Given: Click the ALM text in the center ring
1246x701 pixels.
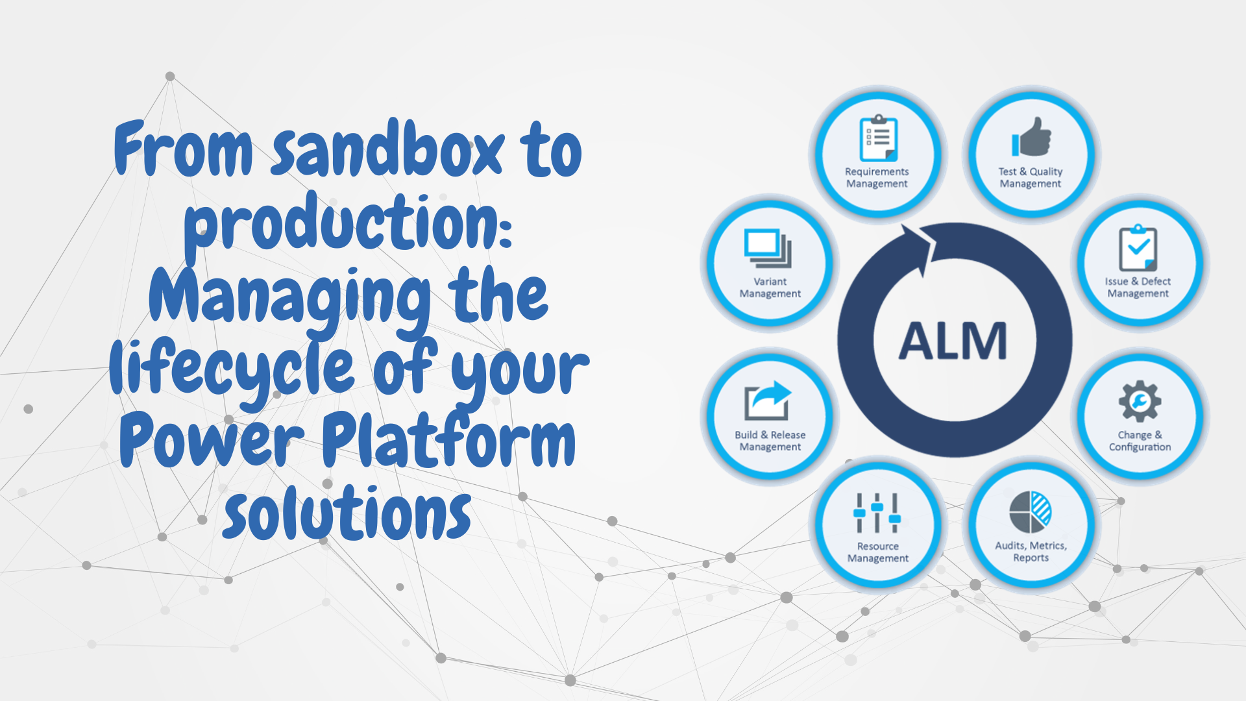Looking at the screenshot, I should pyautogui.click(x=953, y=341).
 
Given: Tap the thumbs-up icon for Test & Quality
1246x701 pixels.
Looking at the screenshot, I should pyautogui.click(x=1032, y=138).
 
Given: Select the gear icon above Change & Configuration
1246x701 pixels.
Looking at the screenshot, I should pyautogui.click(x=1140, y=402).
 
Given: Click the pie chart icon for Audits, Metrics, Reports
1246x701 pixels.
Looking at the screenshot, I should pyautogui.click(x=1031, y=511).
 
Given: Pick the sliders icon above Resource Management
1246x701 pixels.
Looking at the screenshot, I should pyautogui.click(x=877, y=513).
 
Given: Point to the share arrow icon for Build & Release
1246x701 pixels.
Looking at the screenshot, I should pyautogui.click(x=768, y=400).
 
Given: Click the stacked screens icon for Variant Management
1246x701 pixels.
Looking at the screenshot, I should pyautogui.click(x=768, y=248).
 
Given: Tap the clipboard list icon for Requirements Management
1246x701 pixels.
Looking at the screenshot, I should pyautogui.click(x=878, y=138).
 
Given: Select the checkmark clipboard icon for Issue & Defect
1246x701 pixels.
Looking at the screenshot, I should pyautogui.click(x=1138, y=248).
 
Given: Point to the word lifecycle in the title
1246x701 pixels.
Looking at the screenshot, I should pyautogui.click(x=231, y=369).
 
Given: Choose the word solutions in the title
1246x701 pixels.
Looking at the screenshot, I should pyautogui.click(x=347, y=514).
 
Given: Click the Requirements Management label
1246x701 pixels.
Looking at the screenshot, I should pyautogui.click(x=877, y=178).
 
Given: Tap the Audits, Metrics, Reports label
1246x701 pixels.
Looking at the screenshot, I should pyautogui.click(x=1031, y=552).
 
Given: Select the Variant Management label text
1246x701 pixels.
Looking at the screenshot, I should pyautogui.click(x=770, y=288).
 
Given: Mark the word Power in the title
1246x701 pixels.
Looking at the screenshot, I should pyautogui.click(x=212, y=441).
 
